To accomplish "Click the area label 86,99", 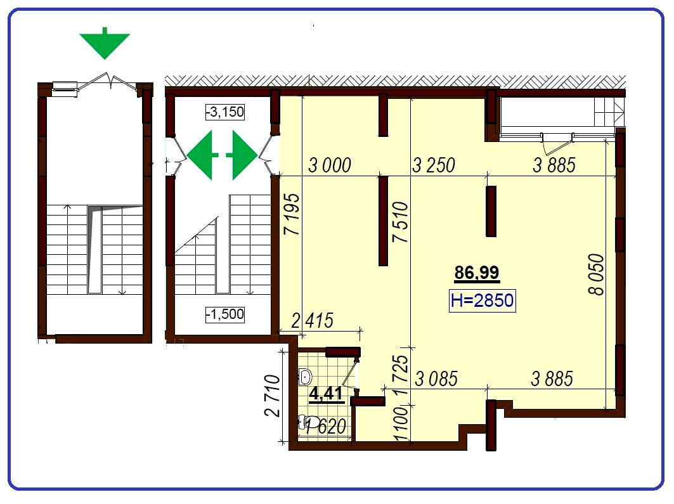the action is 477,273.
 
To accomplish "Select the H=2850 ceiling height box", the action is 482,300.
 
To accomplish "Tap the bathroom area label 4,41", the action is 327,394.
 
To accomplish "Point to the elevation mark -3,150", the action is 225,112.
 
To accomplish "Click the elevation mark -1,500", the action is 225,314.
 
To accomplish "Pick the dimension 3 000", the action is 330,165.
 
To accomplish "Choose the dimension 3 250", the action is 433,165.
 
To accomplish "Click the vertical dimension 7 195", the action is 292,214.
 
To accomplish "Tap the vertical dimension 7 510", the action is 400,222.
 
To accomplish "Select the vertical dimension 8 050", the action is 596,275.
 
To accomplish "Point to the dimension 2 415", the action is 313,321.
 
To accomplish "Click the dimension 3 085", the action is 436,379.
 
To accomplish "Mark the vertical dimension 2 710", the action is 272,396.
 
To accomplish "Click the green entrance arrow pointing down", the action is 105,44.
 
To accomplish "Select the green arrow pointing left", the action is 202,155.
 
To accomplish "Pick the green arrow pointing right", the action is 242,155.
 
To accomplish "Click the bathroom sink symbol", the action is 305,377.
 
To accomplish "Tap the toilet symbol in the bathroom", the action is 309,422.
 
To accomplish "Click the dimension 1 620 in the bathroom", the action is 325,427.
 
